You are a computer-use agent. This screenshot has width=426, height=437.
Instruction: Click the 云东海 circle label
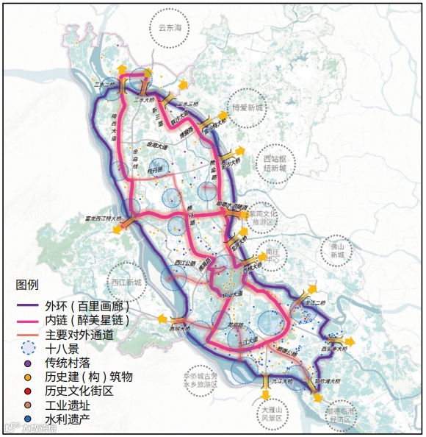point(169,28)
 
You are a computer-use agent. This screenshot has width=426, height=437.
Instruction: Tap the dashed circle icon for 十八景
point(27,349)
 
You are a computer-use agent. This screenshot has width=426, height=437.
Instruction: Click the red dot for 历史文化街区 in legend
point(27,391)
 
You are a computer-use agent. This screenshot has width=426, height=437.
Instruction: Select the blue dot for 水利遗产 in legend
point(27,419)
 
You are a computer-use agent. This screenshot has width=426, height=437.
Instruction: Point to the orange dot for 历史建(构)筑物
point(27,377)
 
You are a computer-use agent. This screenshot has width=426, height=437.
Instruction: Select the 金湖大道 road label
point(157,146)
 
